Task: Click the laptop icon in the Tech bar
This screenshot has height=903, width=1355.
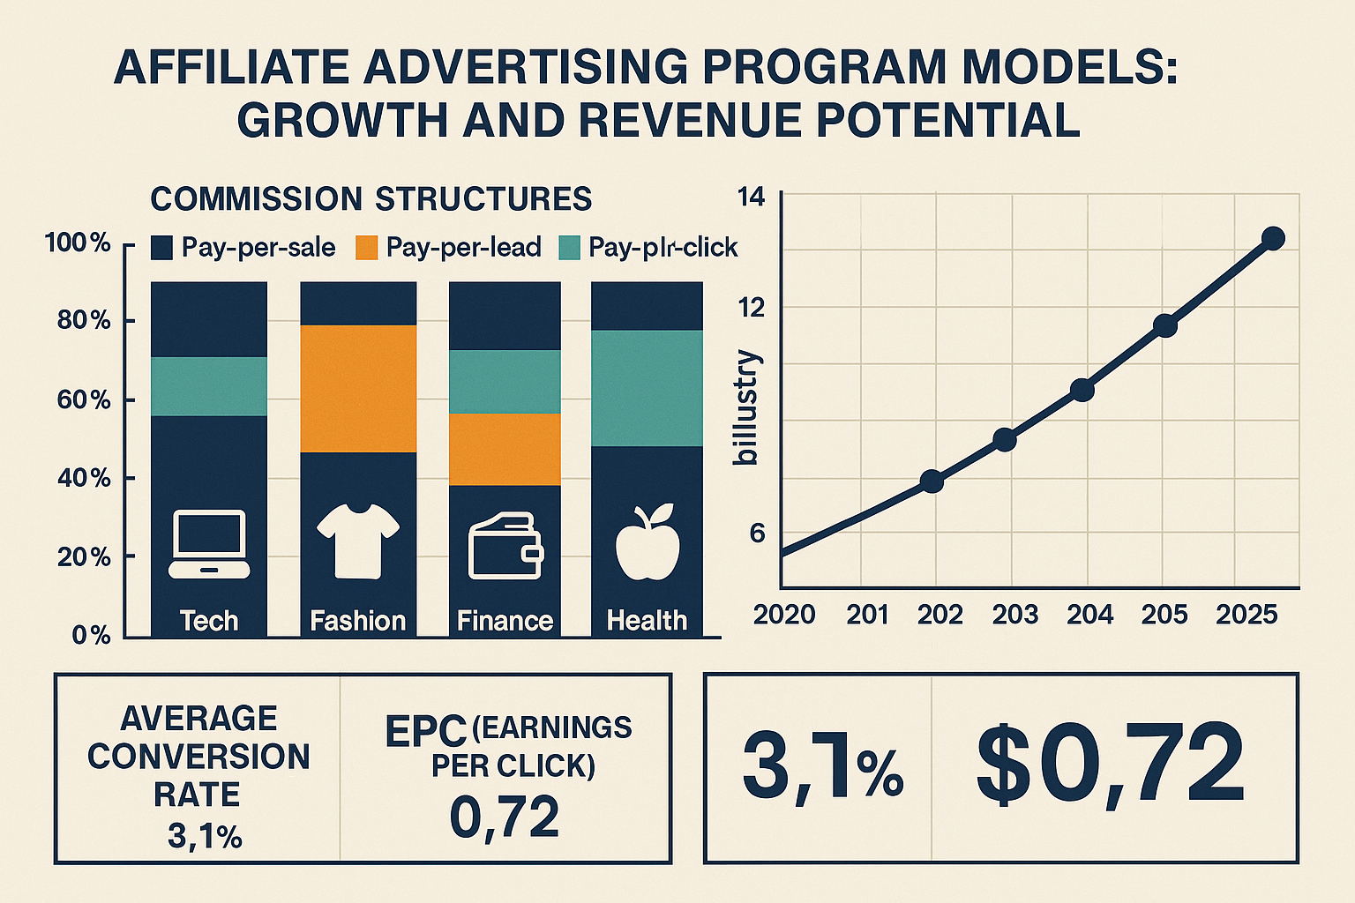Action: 209,544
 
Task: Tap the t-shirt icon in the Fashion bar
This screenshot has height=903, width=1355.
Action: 357,541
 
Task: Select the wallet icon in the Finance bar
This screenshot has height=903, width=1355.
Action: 505,548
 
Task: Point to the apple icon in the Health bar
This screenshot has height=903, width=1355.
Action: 647,542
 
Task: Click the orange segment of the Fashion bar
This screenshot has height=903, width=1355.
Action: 358,389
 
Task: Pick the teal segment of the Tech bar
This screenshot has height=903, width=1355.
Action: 209,386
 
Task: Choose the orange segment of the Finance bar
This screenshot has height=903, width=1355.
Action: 505,449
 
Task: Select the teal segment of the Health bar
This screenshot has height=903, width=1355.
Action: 647,388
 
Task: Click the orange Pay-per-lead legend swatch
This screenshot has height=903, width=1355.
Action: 366,248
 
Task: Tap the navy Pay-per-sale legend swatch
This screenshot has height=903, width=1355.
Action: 161,248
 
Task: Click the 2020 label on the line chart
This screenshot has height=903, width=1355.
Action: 784,615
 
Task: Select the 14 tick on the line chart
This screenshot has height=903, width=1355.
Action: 749,198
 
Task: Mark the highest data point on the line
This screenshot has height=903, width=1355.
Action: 1273,238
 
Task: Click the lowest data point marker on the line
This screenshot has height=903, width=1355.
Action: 932,481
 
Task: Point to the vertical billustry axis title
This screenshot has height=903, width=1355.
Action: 746,407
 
